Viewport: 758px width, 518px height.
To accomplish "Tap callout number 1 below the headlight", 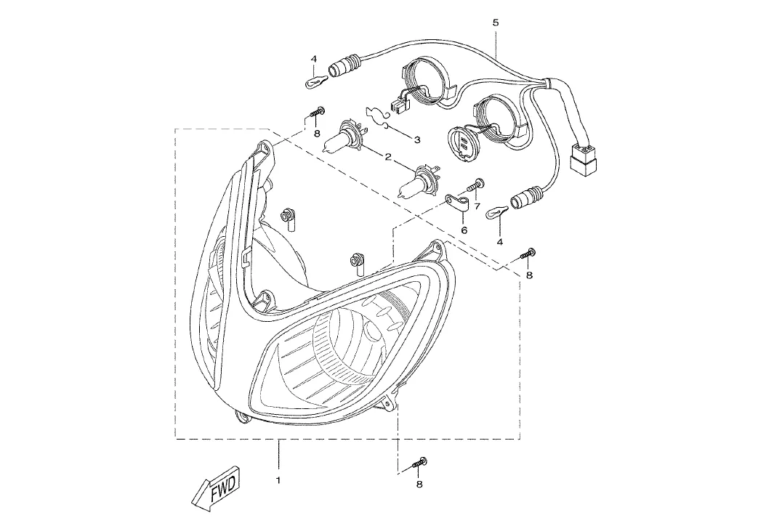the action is pos(278,480).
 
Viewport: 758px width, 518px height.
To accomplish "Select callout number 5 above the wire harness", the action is pos(496,23).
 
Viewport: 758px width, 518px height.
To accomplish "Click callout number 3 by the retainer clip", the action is pos(416,139).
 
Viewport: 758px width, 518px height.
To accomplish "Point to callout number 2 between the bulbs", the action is pos(387,156).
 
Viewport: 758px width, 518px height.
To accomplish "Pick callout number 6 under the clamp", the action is pos(464,230).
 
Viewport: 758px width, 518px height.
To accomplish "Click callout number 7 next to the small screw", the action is pos(477,206).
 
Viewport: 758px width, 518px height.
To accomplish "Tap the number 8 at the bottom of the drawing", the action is pos(419,484).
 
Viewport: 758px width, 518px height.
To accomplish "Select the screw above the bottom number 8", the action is pos(419,462).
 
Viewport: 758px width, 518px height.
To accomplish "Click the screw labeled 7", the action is pos(476,184).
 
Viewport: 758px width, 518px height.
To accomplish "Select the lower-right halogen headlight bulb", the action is pos(418,181).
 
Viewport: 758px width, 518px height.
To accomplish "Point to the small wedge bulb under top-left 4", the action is pos(317,82).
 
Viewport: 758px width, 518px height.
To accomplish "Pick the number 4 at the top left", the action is pos(314,59).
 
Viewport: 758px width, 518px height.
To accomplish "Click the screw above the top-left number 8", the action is pos(317,112).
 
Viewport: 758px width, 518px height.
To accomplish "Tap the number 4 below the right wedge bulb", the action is pos(500,242).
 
